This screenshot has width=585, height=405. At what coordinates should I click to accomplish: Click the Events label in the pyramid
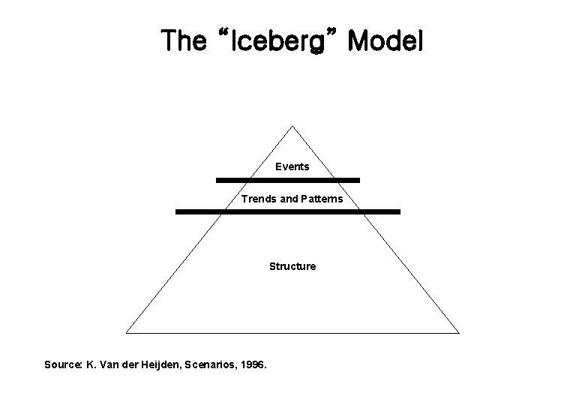coord(292,166)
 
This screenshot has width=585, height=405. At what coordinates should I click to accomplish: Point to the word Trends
coord(257,199)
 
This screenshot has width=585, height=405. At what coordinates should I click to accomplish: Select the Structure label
coord(292,266)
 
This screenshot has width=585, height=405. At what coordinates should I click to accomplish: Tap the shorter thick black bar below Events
coord(288,180)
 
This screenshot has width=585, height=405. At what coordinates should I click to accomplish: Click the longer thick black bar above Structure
coord(288,212)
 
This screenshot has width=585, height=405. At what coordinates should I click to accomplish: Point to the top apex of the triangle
coord(292,126)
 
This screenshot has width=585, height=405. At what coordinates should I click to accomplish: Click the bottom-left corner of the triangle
coord(127,331)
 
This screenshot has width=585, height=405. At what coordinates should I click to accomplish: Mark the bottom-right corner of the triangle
coord(458,331)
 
